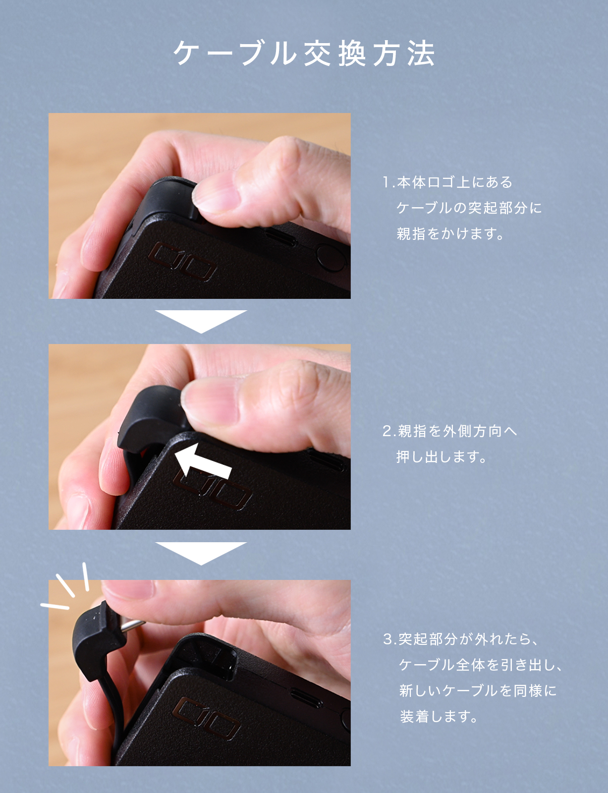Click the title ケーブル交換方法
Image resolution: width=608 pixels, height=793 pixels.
[304, 54]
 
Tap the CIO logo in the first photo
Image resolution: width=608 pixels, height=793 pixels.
[182, 262]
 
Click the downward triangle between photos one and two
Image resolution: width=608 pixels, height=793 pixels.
[201, 321]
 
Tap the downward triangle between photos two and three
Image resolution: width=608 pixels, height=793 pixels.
[201, 553]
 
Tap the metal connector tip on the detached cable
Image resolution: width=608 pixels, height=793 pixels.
[133, 625]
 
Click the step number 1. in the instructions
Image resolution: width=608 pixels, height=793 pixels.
[389, 182]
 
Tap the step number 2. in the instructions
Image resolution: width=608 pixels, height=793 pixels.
[389, 431]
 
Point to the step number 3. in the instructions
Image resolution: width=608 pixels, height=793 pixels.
[390, 639]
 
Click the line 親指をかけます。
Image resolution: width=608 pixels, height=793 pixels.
[450, 233]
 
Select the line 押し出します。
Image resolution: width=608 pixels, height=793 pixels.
[442, 456]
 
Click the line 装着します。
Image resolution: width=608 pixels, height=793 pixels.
[439, 717]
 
